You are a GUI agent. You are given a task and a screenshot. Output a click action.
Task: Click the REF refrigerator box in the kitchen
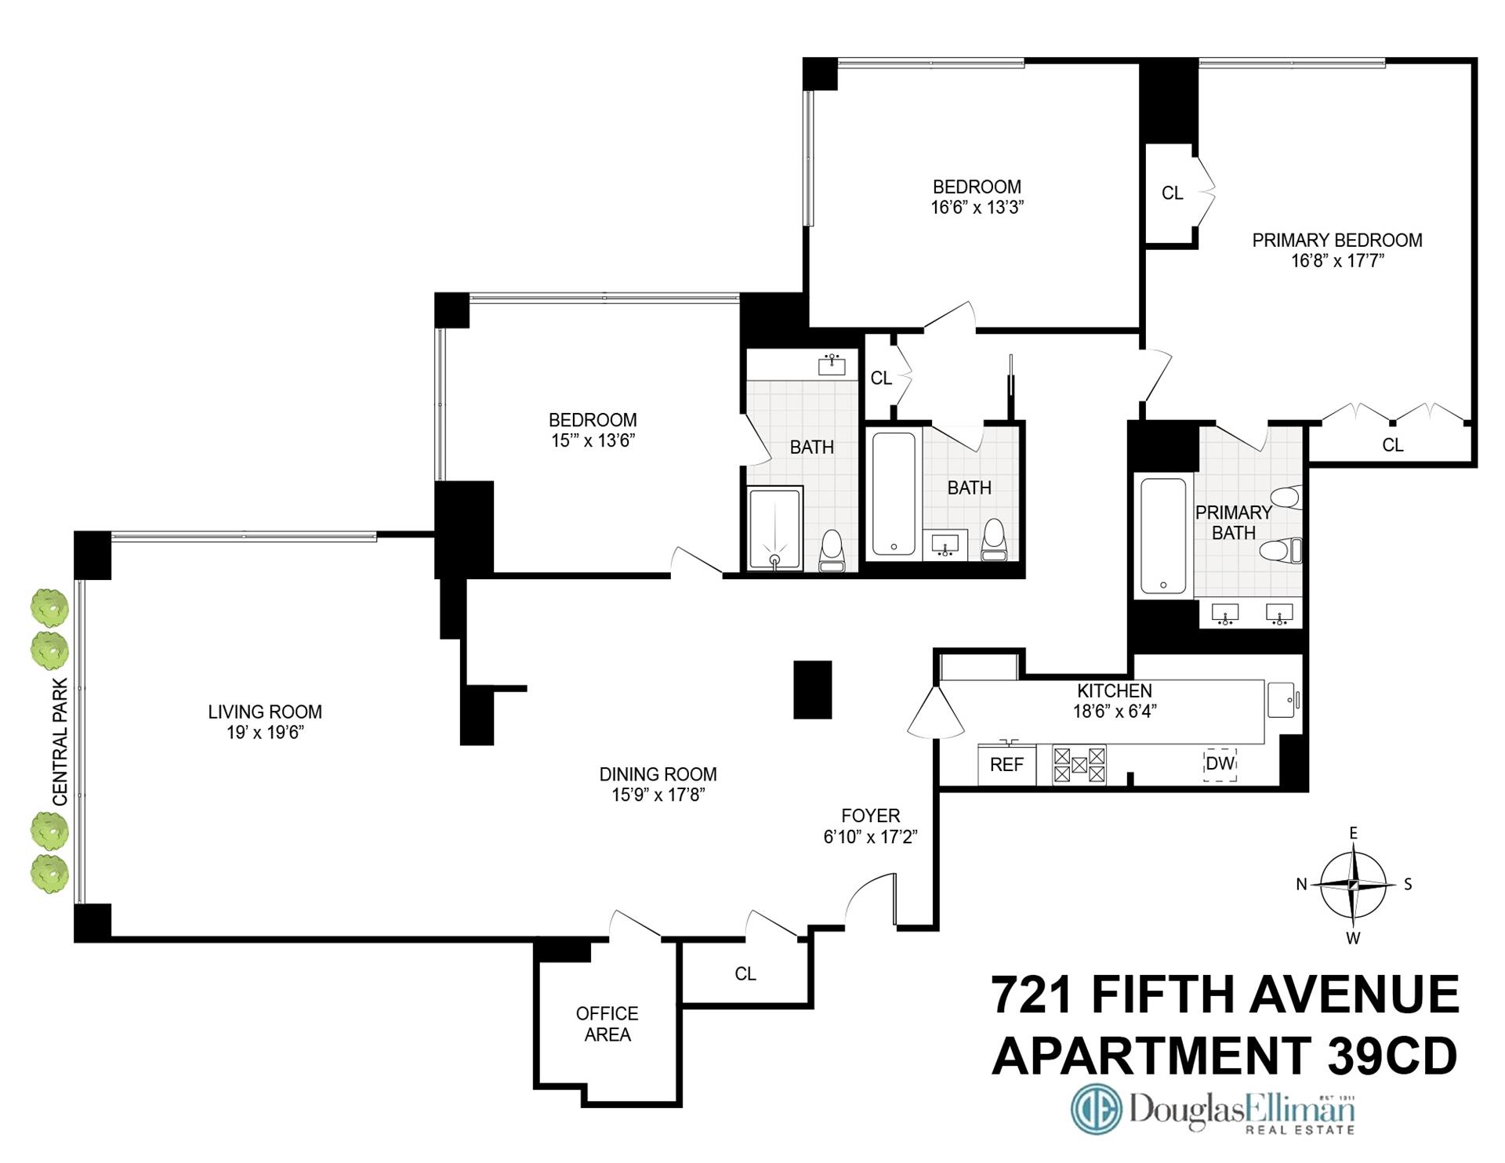[1006, 764]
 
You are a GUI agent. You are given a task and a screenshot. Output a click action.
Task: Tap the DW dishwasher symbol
[1220, 763]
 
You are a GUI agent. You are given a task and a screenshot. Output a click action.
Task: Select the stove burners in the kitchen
[1079, 765]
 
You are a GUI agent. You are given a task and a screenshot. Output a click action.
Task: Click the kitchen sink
[1282, 699]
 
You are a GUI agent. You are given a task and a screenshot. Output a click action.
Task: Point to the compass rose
[1353, 885]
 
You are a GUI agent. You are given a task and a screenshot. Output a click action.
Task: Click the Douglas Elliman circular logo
[1097, 1109]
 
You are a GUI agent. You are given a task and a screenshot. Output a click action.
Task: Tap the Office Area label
[607, 1024]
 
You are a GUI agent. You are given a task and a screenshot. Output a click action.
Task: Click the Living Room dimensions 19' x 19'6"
[265, 733]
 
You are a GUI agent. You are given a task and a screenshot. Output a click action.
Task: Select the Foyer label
[870, 816]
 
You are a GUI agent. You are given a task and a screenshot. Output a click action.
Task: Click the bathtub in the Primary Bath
[1163, 535]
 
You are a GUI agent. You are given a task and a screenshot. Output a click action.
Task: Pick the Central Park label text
[60, 742]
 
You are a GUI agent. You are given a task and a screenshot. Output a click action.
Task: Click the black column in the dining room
[812, 690]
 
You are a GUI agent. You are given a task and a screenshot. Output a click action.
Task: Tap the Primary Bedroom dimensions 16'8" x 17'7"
[1337, 261]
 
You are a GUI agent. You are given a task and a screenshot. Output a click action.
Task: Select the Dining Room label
[658, 774]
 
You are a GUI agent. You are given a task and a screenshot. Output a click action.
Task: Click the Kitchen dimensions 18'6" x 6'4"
[1115, 712]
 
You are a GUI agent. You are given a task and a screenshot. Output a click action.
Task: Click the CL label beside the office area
[745, 973]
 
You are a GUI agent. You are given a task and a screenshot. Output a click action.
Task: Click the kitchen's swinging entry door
[934, 714]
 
